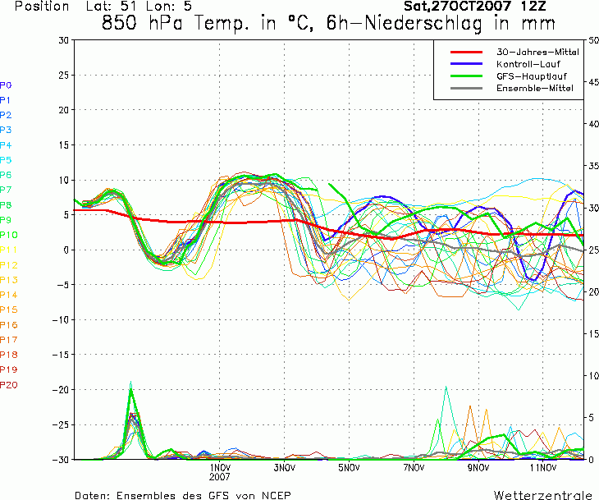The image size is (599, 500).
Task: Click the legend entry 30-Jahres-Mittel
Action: pos(537,52)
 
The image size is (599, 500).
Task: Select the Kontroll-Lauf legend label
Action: pos(528,64)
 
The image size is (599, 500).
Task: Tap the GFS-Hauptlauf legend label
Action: pos(532,76)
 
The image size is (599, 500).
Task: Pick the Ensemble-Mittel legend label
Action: pos(535,89)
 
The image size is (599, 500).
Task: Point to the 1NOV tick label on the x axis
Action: pos(220,467)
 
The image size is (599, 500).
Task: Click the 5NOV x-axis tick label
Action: pos(349,467)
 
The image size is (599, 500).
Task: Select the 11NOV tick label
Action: pos(543,467)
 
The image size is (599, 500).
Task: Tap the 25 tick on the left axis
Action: pos(64,76)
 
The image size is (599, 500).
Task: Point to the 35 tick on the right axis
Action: pos(593,166)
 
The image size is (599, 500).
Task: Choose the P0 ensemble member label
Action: pos(6,85)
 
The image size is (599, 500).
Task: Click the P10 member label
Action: pos(9,235)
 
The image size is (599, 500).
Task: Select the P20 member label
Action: pos(9,385)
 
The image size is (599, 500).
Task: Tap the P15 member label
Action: pos(9,310)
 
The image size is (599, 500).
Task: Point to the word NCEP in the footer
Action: pos(277,495)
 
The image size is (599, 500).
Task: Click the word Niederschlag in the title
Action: pos(423,23)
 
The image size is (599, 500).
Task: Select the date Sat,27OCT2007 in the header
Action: pos(457,6)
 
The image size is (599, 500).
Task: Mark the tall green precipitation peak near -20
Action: pos(131,390)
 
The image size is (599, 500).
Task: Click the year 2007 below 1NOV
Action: pos(220,477)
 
